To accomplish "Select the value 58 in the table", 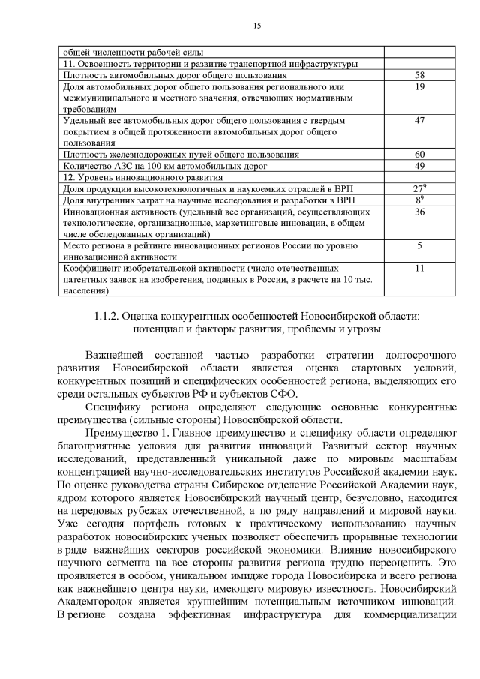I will pyautogui.click(x=419, y=76).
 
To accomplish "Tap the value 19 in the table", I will pyautogui.click(x=419, y=87).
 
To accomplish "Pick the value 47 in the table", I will pyautogui.click(x=419, y=121).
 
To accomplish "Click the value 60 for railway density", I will pyautogui.click(x=419, y=155).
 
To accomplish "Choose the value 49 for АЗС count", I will pyautogui.click(x=419, y=166).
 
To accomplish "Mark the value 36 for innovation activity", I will pyautogui.click(x=419, y=212).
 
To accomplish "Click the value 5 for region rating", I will pyautogui.click(x=419, y=245).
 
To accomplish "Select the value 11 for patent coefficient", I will pyautogui.click(x=419, y=268).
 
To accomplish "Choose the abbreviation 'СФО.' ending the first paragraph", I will pyautogui.click(x=283, y=394).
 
